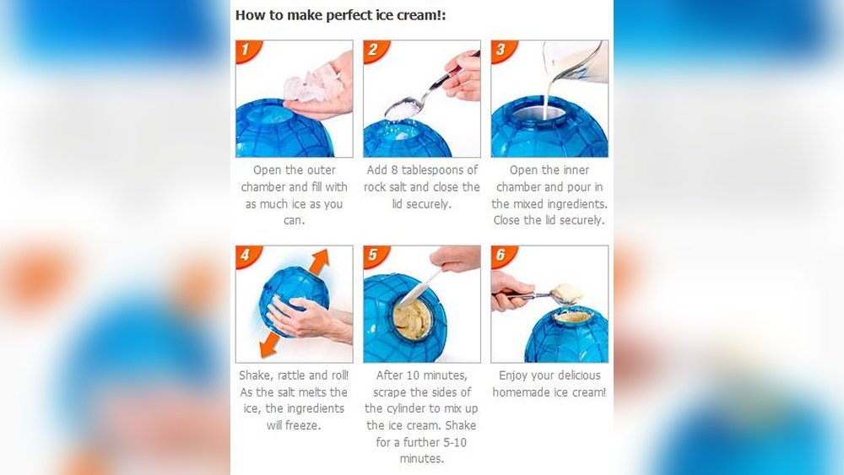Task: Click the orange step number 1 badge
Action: [246, 50]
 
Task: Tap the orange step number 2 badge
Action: [374, 50]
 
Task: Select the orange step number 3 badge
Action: [501, 50]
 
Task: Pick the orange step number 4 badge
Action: [246, 255]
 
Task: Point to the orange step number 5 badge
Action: [374, 255]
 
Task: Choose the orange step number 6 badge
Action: [501, 255]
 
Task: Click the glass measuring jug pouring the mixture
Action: [576, 62]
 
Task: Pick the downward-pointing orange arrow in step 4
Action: [270, 344]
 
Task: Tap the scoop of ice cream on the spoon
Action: [567, 293]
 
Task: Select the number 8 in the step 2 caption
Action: [394, 170]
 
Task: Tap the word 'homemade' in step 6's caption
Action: [521, 392]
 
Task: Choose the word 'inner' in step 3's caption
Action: [575, 170]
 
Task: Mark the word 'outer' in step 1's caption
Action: [322, 170]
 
